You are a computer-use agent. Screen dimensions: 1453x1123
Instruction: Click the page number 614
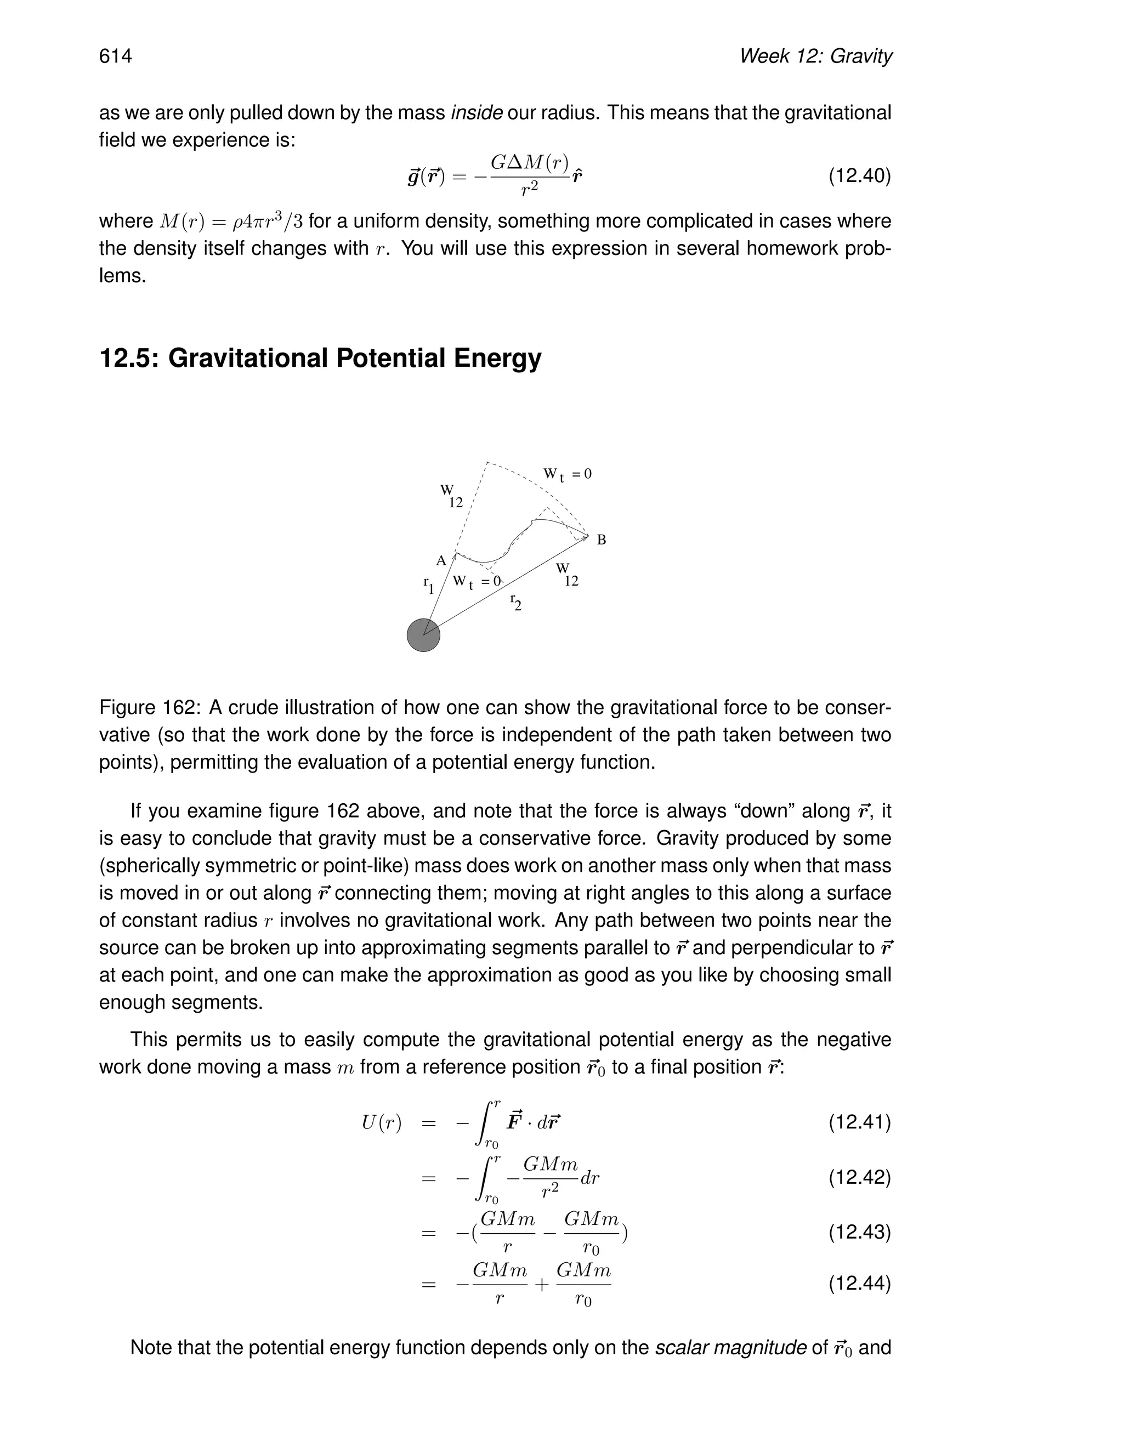click(116, 56)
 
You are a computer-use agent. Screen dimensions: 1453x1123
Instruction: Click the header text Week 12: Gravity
click(815, 56)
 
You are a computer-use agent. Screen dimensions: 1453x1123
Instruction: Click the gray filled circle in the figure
click(423, 635)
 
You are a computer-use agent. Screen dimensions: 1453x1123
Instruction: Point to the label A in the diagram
click(440, 561)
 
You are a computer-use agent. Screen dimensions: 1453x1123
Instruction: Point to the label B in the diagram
click(602, 540)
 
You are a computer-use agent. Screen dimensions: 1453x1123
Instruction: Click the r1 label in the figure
click(428, 585)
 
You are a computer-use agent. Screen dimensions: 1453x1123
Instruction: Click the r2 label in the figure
click(515, 601)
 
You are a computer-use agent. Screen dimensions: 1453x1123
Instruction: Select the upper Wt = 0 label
click(567, 474)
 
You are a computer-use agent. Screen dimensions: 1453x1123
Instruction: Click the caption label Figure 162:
click(149, 707)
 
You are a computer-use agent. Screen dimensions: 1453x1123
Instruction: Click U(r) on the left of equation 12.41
click(381, 1123)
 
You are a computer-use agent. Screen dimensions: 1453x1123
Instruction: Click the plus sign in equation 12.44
click(542, 1284)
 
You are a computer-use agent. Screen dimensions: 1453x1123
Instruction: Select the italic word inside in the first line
click(477, 113)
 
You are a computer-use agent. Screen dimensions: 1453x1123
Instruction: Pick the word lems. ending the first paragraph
click(122, 275)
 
